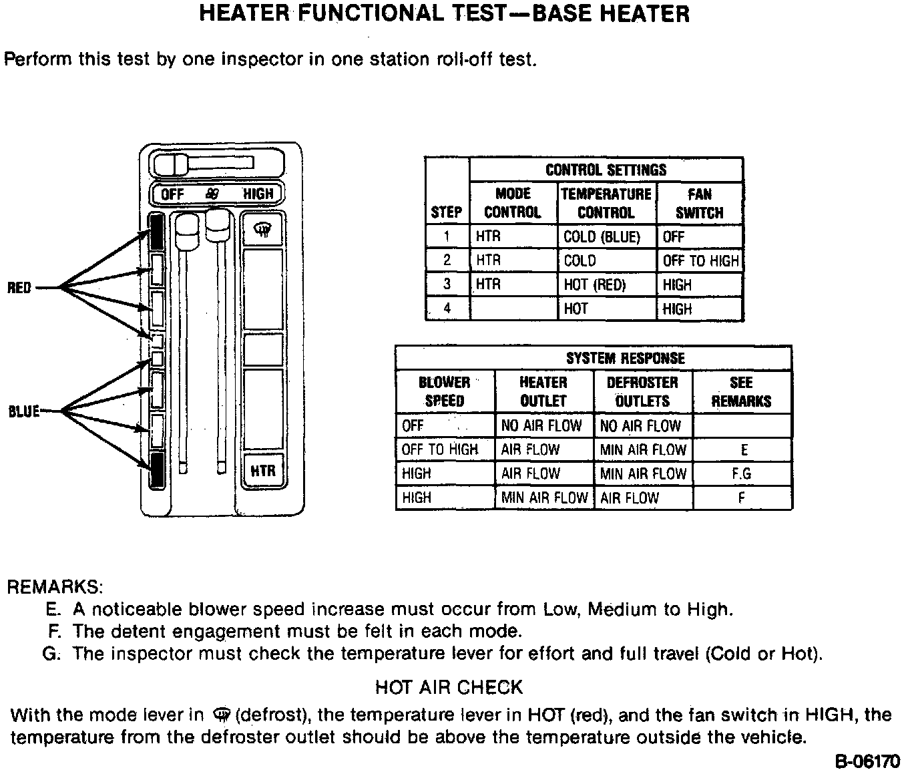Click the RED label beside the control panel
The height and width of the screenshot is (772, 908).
[19, 288]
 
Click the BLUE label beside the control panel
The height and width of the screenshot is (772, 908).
[24, 411]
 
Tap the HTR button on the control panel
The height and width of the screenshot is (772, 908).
[263, 471]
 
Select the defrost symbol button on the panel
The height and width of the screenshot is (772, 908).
[263, 230]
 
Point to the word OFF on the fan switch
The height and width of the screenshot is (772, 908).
[172, 194]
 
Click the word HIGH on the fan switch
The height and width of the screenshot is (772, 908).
[258, 194]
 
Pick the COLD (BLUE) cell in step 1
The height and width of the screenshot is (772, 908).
[602, 237]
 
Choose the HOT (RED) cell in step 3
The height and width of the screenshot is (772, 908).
[595, 285]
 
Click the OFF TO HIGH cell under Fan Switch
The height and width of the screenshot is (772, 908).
[701, 261]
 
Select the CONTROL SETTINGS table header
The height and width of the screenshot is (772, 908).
[606, 170]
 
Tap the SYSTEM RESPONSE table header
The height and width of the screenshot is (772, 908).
[626, 359]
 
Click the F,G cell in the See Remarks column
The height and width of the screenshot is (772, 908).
[742, 474]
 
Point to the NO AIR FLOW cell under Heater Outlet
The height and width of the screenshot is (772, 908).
[541, 426]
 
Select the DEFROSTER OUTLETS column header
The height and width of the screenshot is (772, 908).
[642, 392]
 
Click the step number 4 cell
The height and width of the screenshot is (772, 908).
[447, 309]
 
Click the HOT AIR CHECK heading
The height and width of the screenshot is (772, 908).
[449, 687]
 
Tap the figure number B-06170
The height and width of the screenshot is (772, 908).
[867, 761]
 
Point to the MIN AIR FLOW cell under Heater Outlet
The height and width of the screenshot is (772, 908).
[544, 498]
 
